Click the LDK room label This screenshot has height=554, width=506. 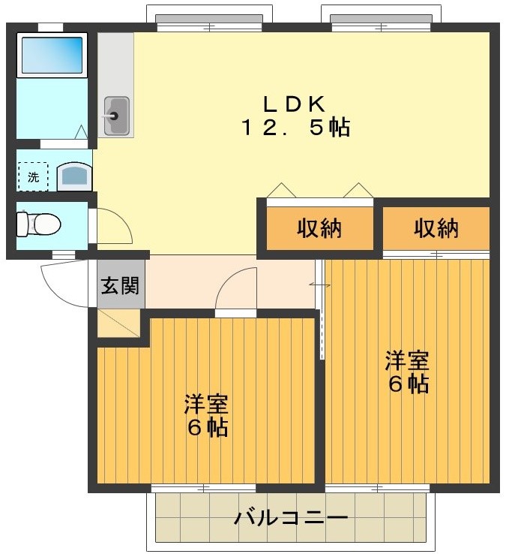[x=294, y=102]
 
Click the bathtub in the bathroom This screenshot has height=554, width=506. [x=52, y=54]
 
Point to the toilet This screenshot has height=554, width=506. [x=39, y=224]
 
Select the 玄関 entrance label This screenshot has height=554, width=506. [x=120, y=285]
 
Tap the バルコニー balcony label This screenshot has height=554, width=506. [x=291, y=518]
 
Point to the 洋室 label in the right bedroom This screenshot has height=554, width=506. [x=407, y=360]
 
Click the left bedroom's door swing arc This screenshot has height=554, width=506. [x=236, y=289]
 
